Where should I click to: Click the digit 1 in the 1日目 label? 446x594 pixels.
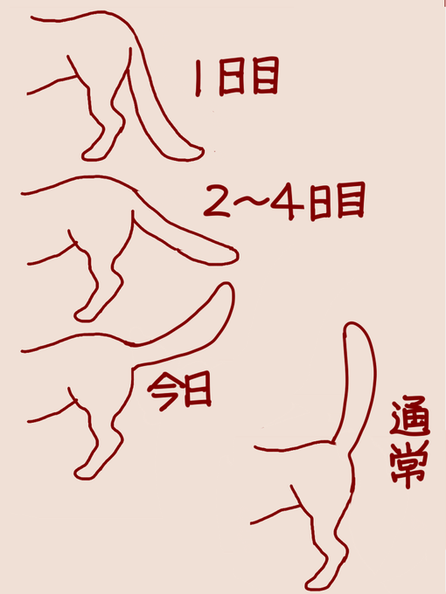click(201, 78)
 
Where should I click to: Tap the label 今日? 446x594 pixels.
click(178, 391)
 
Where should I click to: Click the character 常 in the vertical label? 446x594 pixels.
click(407, 466)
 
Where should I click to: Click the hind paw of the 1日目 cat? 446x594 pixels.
click(91, 155)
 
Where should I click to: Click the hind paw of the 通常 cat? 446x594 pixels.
click(317, 580)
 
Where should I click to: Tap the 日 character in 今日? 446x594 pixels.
click(198, 392)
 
